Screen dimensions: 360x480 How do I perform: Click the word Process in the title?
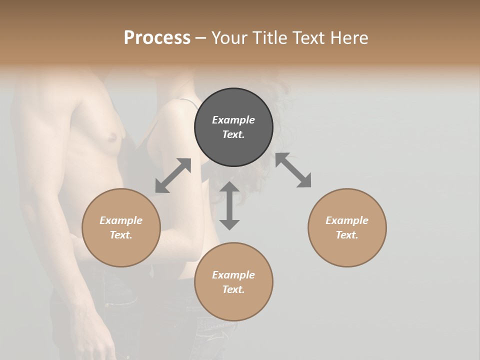[x=157, y=38]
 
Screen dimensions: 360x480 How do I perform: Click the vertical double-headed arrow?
[x=229, y=205]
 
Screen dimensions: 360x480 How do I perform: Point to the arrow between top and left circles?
[x=173, y=175]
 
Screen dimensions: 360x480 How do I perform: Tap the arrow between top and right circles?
[x=293, y=170]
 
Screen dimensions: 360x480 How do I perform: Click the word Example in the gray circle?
[x=233, y=120]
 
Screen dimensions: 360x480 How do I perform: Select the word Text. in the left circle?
[x=121, y=235]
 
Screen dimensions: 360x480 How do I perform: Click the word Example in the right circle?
[x=347, y=220]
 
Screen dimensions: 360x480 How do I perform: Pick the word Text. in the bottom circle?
[x=233, y=289]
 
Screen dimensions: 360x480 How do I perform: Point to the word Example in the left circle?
[x=121, y=220]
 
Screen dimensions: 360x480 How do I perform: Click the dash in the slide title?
[x=201, y=38]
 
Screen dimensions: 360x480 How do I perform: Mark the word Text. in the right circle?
[x=347, y=235]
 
